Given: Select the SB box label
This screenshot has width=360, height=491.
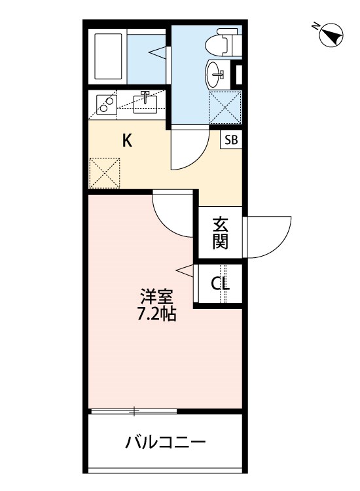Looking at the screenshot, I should (231, 139).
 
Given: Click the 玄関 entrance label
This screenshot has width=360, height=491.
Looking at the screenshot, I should (221, 233).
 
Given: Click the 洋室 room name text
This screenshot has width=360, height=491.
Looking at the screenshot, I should (155, 297).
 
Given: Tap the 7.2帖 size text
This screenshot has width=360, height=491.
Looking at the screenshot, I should (155, 314).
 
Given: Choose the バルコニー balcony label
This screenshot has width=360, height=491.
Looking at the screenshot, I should (166, 443).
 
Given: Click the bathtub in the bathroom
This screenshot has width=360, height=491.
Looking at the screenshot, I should (109, 54).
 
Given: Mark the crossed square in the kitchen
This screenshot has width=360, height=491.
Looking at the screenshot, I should (105, 172).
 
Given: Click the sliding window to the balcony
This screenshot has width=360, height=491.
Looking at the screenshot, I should (134, 411).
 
